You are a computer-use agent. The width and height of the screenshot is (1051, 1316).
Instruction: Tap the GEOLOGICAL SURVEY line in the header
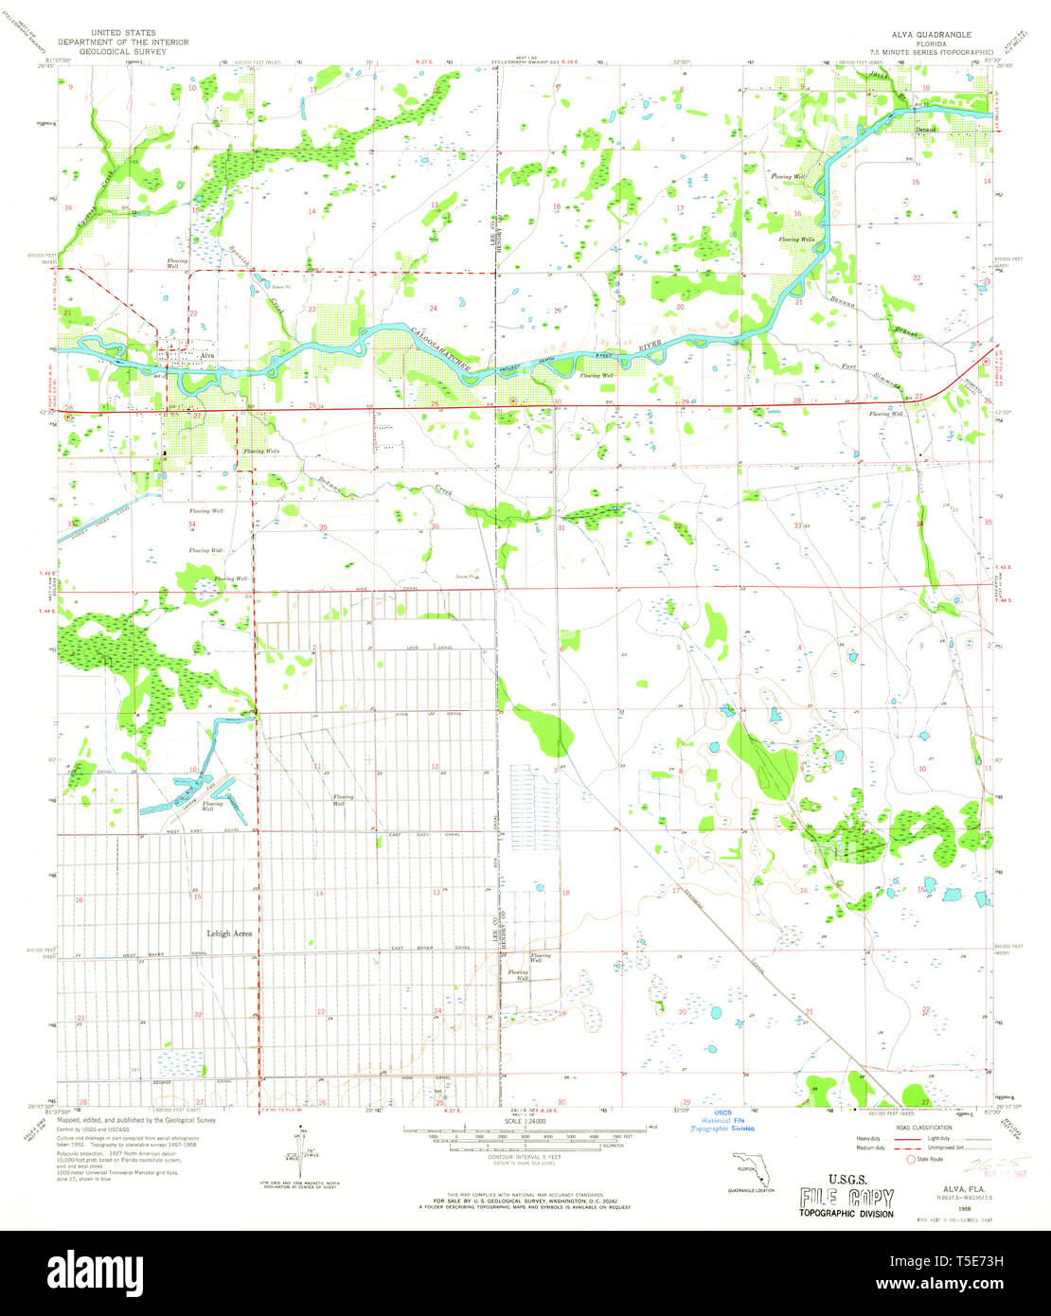pos(123,51)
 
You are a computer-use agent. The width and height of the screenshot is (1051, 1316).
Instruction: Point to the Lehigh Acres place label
pos(230,933)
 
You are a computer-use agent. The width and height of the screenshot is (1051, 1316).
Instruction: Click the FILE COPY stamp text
pos(846,1198)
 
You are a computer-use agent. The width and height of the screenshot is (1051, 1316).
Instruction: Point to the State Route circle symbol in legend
pos(913,1158)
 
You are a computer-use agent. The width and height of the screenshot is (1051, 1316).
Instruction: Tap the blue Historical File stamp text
pos(721,1121)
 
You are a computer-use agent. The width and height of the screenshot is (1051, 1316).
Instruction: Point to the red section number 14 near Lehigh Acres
pos(319,893)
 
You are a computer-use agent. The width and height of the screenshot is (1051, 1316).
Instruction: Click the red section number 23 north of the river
pos(311,310)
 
